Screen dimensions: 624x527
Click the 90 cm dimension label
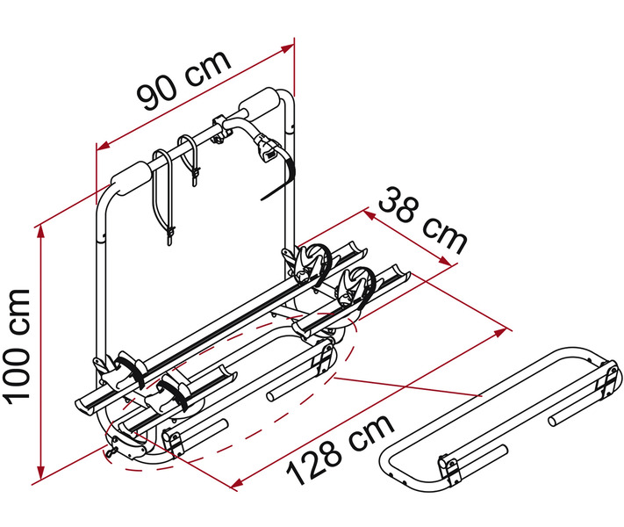click(183, 81)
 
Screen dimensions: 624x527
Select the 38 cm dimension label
click(422, 221)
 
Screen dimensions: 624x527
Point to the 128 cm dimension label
click(340, 450)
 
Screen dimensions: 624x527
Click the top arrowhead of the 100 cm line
click(40, 233)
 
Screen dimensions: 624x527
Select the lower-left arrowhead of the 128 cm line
click(237, 483)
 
